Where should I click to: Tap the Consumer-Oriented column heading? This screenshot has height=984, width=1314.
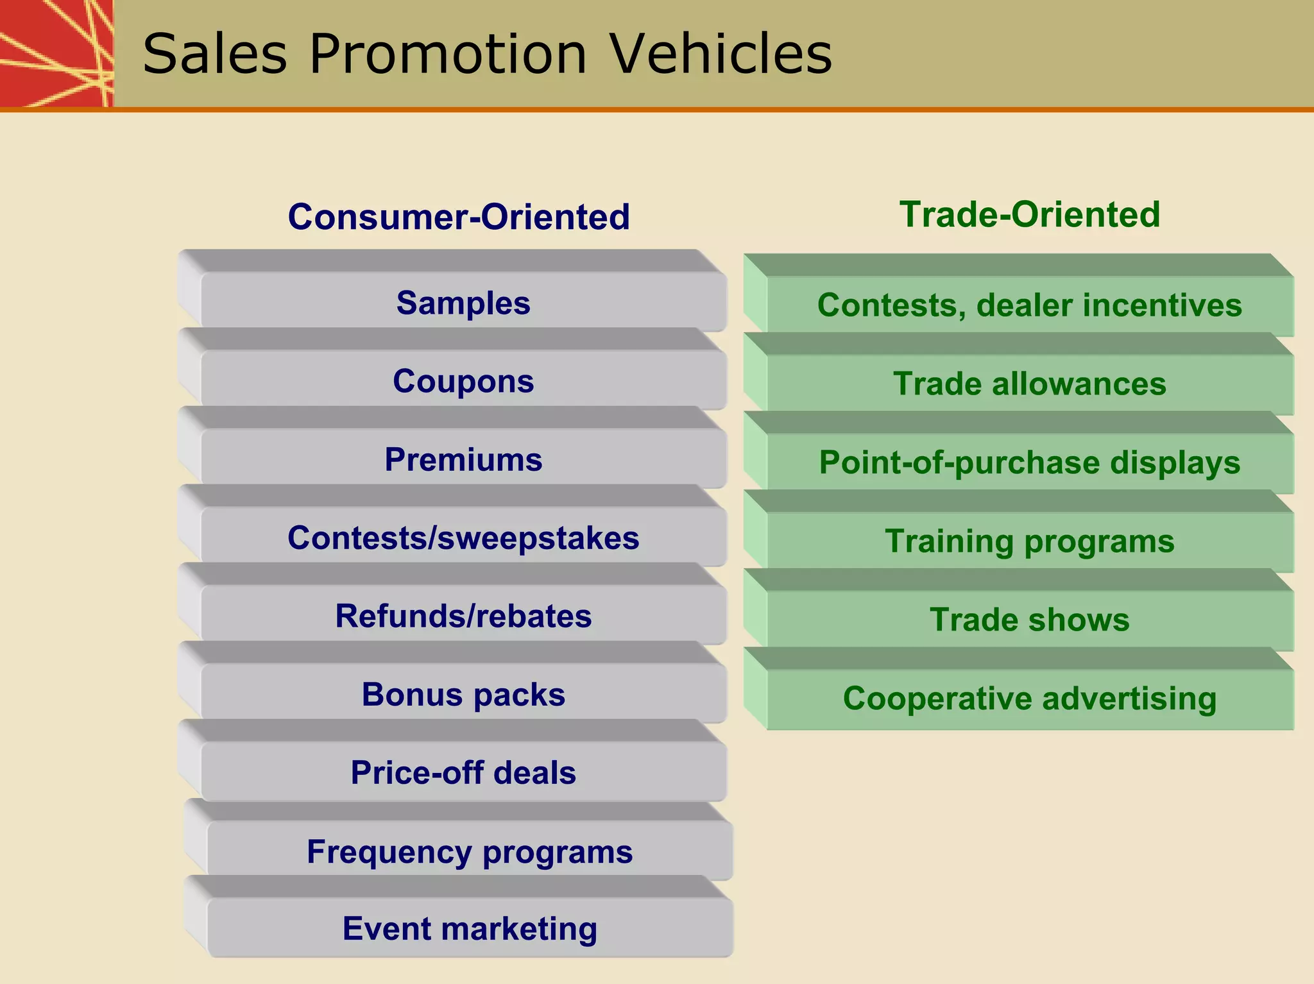click(459, 217)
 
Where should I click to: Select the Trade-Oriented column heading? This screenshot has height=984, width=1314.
click(1030, 214)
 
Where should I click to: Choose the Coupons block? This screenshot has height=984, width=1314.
click(463, 381)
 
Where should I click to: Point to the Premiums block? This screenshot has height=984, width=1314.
click(463, 459)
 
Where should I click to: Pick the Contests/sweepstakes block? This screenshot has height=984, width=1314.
click(463, 538)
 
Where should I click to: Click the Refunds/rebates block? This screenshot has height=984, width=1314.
click(463, 616)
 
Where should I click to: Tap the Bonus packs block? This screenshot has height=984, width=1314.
click(463, 694)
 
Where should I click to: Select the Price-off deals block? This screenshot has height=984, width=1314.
click(463, 772)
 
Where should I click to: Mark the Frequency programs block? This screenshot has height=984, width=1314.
click(470, 852)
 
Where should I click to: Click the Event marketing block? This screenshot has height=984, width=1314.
click(470, 928)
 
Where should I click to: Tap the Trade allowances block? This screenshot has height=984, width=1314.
click(1029, 384)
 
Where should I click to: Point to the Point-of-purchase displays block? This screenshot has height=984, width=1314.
click(1029, 462)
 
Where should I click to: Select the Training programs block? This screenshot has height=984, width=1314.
click(1029, 541)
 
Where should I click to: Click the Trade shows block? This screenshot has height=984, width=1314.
click(1029, 620)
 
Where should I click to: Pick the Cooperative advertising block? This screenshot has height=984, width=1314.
click(1029, 699)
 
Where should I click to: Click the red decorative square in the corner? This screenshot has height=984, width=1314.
click(56, 53)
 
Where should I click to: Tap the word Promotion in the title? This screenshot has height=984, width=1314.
click(448, 54)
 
